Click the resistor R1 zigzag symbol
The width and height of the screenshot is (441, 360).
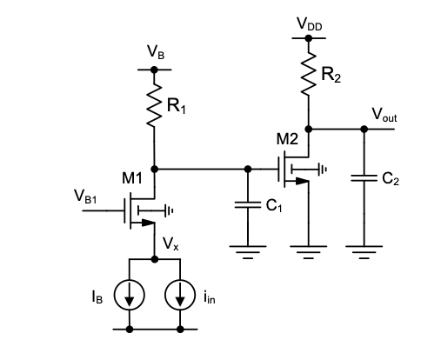click(x=154, y=105)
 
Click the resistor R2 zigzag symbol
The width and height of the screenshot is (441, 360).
click(x=309, y=74)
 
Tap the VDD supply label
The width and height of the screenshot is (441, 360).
click(x=310, y=23)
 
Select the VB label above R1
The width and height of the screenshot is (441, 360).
click(x=156, y=52)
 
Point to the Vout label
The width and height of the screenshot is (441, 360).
click(x=384, y=115)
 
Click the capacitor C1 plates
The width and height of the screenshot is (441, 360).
click(x=248, y=205)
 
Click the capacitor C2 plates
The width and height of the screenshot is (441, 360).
click(x=364, y=178)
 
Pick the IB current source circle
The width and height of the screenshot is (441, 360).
click(x=130, y=295)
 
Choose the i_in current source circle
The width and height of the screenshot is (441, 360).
click(x=180, y=295)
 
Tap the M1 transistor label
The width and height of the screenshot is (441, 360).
click(x=132, y=177)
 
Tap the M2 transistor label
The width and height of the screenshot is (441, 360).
click(x=287, y=139)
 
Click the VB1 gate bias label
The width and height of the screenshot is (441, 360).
click(x=85, y=197)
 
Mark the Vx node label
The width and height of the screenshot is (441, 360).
click(x=170, y=243)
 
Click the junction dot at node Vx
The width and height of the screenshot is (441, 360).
click(x=155, y=259)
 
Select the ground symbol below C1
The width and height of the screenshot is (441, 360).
click(x=248, y=252)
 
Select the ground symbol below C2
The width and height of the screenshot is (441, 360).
click(x=364, y=252)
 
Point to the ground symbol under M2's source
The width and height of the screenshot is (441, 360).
click(x=309, y=252)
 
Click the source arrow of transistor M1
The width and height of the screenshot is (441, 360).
click(x=148, y=223)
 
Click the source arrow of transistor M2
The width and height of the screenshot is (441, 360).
click(x=302, y=182)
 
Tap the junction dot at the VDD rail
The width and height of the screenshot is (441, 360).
click(x=309, y=38)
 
